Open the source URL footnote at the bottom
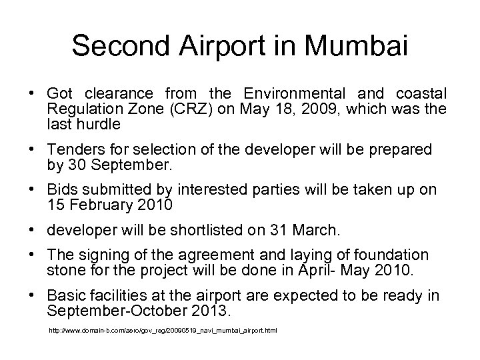point(163,331)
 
